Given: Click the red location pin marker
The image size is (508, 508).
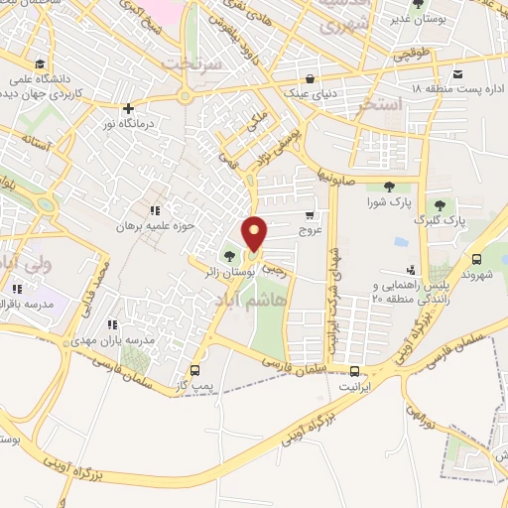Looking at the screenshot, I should pyautogui.click(x=256, y=234).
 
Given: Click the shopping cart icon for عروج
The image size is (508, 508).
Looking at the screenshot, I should pyautogui.click(x=311, y=214).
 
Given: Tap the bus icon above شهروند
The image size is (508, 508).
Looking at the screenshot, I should pyautogui.click(x=478, y=256).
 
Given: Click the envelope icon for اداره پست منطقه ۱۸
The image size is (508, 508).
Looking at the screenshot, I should pyautogui.click(x=457, y=74).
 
